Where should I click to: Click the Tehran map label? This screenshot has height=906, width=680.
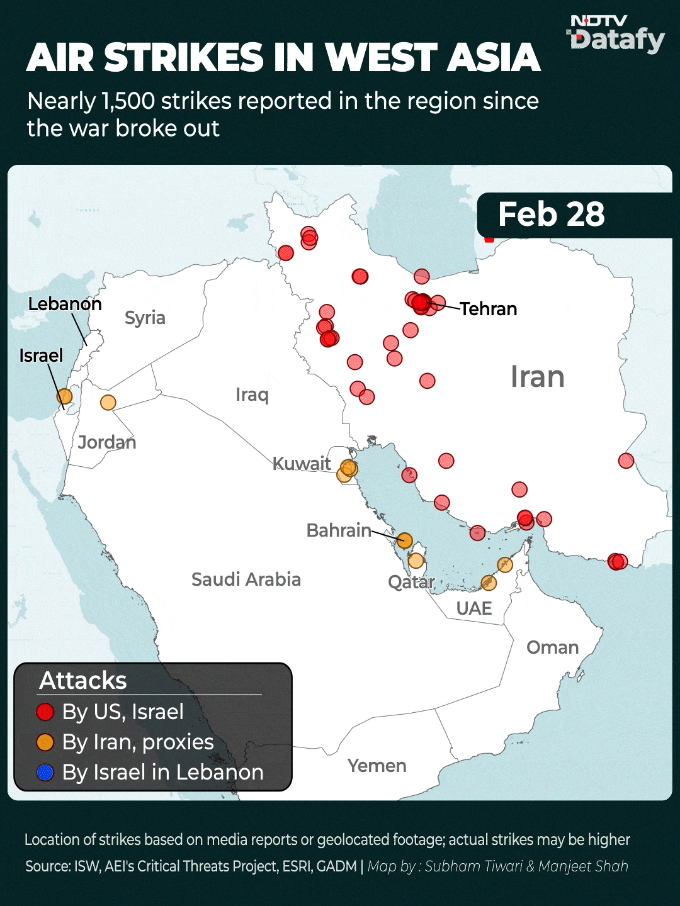click(488, 309)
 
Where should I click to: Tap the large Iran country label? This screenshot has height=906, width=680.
click(537, 377)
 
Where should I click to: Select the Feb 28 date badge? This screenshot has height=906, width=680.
click(552, 215)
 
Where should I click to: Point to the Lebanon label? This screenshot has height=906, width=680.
click(65, 304)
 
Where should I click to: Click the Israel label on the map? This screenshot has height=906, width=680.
click(41, 355)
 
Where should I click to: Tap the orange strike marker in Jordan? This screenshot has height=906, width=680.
click(108, 402)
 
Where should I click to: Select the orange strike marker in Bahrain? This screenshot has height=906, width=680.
click(404, 540)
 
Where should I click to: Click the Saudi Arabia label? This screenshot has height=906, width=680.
click(246, 579)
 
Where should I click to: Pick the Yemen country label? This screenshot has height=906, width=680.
click(377, 766)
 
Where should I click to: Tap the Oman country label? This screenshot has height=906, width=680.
click(552, 647)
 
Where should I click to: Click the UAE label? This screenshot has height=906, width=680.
click(474, 608)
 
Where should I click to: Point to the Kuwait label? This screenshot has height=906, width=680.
click(302, 464)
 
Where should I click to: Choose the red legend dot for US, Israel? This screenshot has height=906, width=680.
click(45, 712)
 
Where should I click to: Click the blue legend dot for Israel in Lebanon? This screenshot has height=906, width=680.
click(45, 773)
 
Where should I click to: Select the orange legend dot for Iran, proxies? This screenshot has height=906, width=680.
click(45, 742)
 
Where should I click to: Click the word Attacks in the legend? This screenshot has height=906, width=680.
click(83, 681)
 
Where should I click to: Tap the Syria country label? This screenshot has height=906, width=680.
click(145, 318)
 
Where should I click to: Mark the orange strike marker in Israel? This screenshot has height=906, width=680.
click(64, 396)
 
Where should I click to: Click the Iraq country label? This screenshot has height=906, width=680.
click(252, 394)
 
